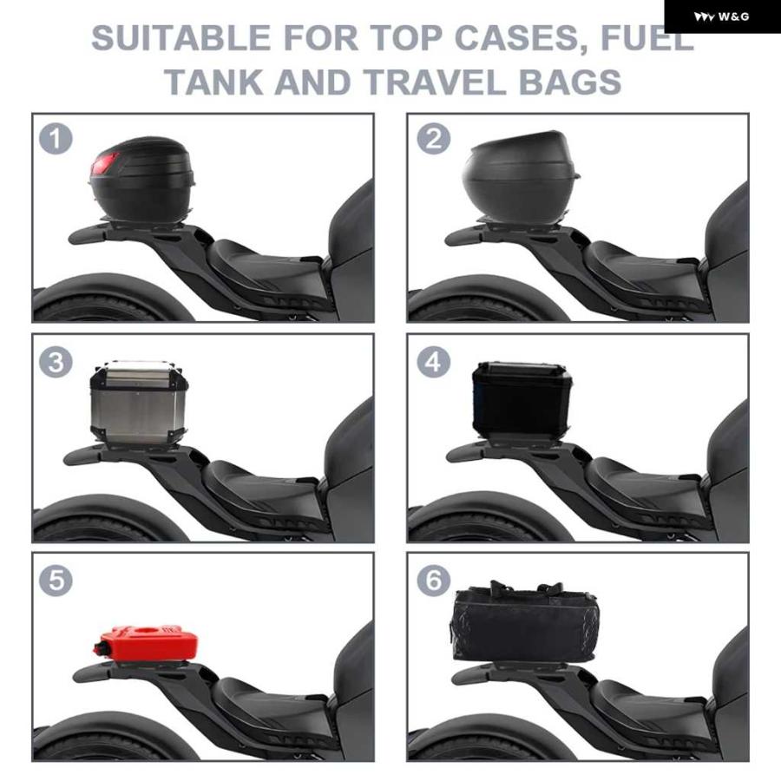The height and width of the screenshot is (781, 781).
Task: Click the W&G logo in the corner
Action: click(721, 17)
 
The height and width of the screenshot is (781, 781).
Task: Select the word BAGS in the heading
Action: click(570, 82)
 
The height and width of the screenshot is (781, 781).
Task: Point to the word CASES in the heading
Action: click(521, 38)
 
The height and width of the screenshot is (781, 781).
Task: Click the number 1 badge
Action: click(56, 139)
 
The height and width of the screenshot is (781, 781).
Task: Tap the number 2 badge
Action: click(433, 139)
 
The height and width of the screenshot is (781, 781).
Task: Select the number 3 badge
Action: click(56, 362)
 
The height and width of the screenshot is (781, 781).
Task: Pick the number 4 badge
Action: click(433, 362)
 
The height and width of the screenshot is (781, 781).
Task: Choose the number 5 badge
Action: click(56, 581)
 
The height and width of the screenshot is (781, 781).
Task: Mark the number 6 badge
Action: click(433, 581)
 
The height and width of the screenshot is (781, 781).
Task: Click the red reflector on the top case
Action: click(103, 164)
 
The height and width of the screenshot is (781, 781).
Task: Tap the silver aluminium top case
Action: click(139, 402)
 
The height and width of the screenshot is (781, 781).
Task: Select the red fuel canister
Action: click(146, 644)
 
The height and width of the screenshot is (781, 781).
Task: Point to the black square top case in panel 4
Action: click(522, 400)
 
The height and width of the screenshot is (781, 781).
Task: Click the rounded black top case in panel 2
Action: click(521, 176)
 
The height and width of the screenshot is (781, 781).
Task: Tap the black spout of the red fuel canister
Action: click(99, 649)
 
